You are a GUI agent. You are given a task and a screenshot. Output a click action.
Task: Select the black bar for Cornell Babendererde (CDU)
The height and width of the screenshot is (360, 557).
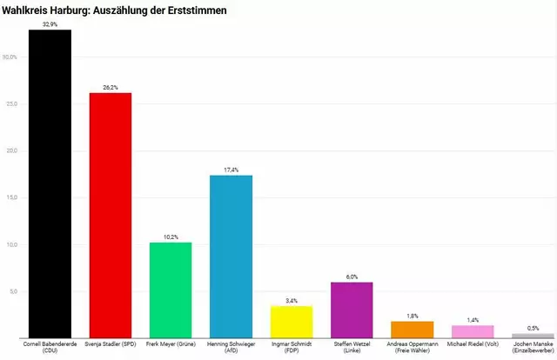(50, 183)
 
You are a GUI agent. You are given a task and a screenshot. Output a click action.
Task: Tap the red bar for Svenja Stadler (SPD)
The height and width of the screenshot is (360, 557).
(111, 215)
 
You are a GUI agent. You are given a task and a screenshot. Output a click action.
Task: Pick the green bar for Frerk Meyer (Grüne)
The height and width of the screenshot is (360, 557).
(171, 290)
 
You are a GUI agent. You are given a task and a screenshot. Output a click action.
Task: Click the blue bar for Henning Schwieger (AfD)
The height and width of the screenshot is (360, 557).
(231, 257)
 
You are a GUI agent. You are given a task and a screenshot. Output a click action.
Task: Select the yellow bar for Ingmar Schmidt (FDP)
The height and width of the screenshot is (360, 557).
(292, 322)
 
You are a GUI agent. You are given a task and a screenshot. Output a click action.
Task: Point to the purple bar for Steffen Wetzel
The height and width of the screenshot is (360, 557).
(352, 310)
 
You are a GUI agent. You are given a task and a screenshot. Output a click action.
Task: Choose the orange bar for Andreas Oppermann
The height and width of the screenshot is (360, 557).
(413, 330)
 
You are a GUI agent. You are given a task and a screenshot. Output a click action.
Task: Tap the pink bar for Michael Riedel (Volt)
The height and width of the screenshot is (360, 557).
(473, 331)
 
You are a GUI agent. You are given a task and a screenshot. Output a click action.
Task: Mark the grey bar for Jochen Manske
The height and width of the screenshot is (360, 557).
(534, 335)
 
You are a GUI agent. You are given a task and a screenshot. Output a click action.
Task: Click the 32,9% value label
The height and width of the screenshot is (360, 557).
(50, 24)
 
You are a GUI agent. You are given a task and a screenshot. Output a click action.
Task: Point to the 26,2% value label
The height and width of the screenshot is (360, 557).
(111, 87)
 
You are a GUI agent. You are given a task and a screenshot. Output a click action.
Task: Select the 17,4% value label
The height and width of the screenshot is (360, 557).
(231, 170)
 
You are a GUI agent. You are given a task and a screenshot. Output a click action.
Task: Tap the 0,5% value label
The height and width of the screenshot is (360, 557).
(534, 328)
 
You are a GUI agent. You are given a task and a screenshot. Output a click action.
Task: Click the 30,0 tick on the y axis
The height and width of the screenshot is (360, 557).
(10, 57)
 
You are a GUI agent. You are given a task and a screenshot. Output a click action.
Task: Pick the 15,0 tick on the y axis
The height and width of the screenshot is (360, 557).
(10, 197)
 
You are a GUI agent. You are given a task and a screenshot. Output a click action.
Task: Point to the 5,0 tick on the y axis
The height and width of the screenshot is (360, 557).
(11, 291)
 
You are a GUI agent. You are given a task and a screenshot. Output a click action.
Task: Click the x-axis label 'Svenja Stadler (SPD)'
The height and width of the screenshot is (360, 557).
(111, 344)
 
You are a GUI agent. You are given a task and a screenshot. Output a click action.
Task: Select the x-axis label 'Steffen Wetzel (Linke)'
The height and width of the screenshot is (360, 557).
(352, 348)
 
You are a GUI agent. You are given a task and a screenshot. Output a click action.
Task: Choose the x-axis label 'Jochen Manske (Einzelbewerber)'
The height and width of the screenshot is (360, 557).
(534, 348)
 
